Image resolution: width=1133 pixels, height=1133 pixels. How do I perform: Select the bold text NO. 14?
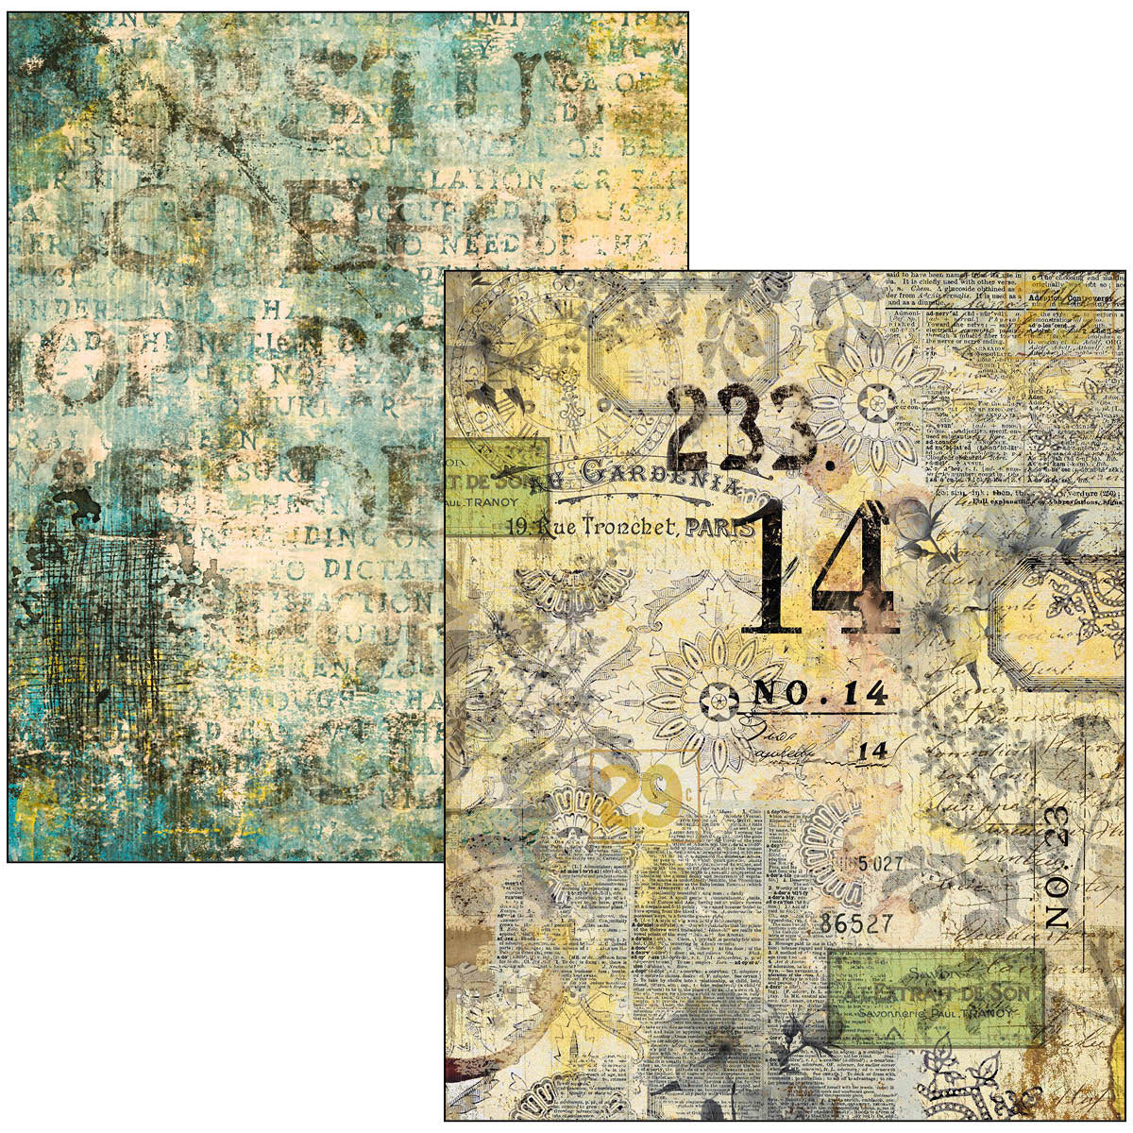click(x=820, y=695)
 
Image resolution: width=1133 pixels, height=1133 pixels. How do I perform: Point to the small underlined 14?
click(x=874, y=751)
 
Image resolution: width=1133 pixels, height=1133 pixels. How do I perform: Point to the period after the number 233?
click(x=829, y=464)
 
